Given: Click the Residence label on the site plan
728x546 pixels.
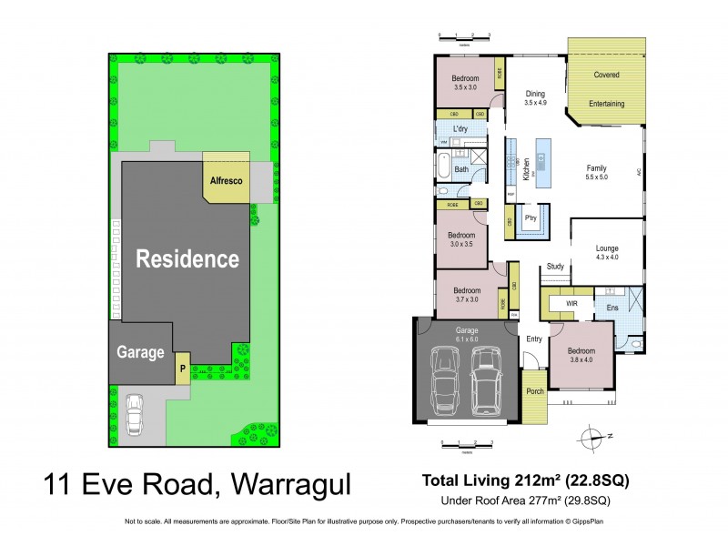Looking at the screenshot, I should click(187, 259).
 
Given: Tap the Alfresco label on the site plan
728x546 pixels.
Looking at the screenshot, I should click(227, 181).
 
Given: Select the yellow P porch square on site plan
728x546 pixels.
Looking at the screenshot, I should click(182, 369).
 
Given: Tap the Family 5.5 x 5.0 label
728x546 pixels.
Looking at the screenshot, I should click(596, 174).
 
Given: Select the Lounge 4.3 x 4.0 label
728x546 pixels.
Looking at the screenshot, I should click(607, 252).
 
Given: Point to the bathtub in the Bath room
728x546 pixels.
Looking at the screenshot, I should click(443, 169).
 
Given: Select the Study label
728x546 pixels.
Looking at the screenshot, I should click(554, 267).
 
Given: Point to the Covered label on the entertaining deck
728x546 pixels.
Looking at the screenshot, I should click(606, 75).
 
